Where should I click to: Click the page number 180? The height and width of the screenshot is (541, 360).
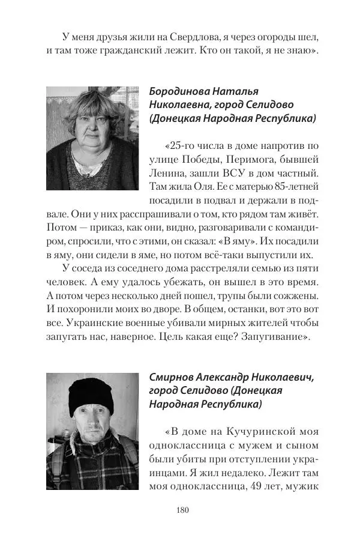tap(183, 510)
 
